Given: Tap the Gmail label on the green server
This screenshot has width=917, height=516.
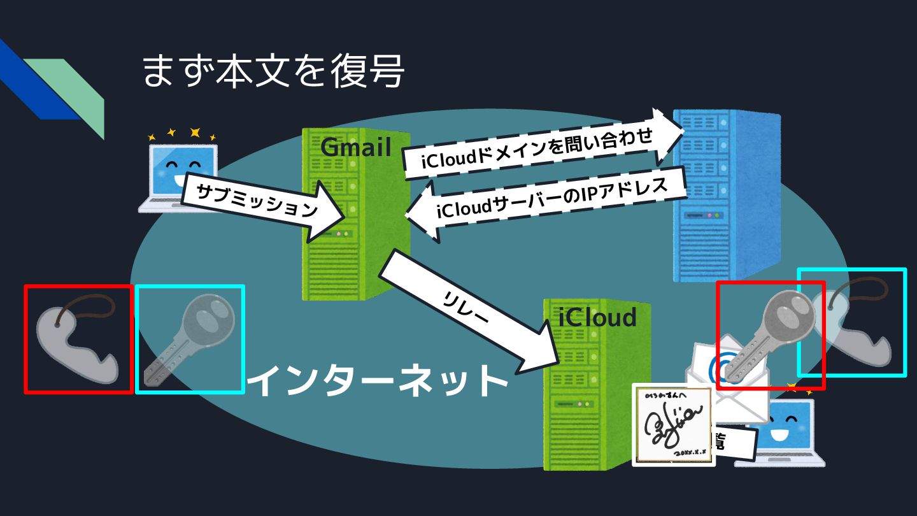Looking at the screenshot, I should (355, 147).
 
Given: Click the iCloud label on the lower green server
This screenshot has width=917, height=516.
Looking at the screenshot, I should (597, 317).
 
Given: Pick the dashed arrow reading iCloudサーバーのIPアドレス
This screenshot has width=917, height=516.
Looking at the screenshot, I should (548, 201).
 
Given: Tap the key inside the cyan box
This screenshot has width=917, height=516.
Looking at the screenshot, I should (189, 338).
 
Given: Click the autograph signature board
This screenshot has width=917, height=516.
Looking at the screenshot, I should (671, 424).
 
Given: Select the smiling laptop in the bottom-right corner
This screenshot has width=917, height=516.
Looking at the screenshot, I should (783, 433).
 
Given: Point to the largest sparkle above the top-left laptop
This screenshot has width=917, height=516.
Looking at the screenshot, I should (195, 133).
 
